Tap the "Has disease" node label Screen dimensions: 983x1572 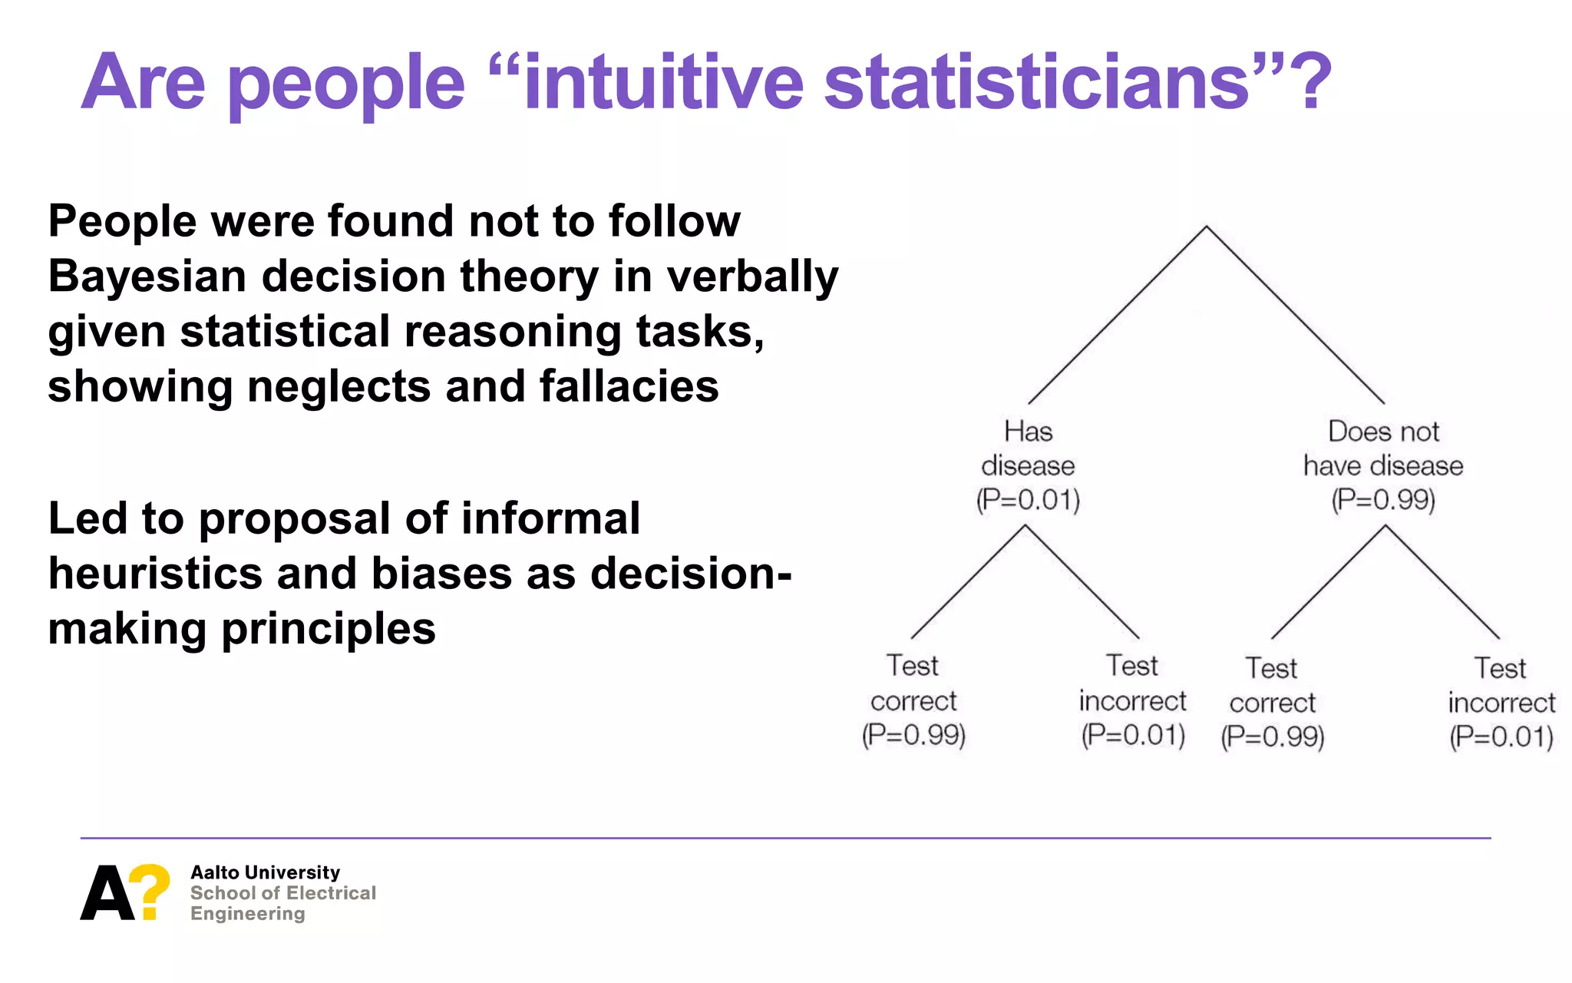coord(1028,448)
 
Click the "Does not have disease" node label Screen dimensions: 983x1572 coord(1383,448)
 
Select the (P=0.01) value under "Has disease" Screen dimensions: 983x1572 coord(1028,500)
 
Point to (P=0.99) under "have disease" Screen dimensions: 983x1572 coord(1383,500)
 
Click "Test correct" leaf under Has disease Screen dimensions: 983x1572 coord(913,683)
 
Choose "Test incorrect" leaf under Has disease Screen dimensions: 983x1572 coord(1133,683)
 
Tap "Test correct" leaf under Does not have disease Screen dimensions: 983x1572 coord(1272,686)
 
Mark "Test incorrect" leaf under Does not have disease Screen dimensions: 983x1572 coord(1501,686)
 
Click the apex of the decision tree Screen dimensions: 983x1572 coord(1206,227)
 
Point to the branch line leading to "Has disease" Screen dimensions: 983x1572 coord(1117,315)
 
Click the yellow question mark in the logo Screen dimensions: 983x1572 coord(150,889)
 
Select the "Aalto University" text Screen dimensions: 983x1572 coord(265,872)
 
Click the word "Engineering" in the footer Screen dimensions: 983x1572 coord(248,914)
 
